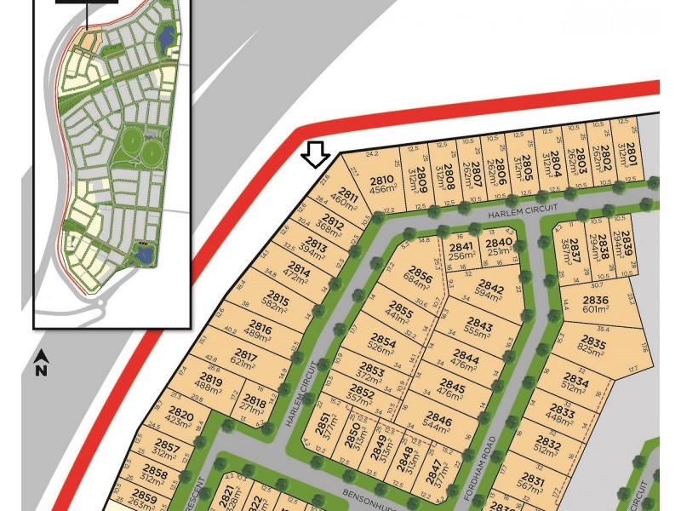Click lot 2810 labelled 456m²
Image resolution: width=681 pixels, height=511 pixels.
point(382,185)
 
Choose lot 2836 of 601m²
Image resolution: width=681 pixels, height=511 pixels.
point(596,304)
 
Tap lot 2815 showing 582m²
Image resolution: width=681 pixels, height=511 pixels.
point(278,305)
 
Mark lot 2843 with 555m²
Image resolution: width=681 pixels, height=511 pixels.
point(480,330)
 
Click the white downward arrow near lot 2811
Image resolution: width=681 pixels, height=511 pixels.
point(316,154)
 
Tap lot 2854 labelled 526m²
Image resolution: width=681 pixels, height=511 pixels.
point(382,347)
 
